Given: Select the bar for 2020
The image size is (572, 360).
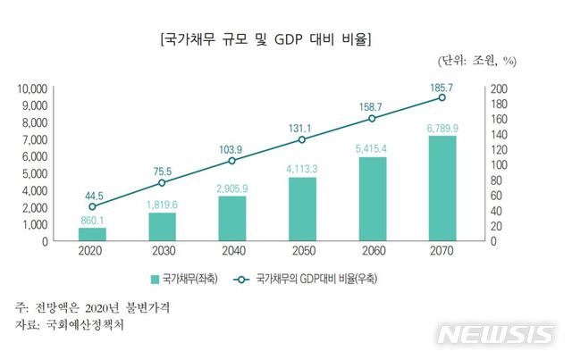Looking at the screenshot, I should point(92,234).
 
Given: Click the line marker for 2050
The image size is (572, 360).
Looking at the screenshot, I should point(302,139).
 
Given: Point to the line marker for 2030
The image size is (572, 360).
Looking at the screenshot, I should point(162,182).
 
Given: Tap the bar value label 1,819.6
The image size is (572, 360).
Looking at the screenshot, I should point(162,204).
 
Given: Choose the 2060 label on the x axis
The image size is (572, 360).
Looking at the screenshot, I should point(372,253).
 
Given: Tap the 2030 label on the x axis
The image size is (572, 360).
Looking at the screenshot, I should point(162,253).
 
